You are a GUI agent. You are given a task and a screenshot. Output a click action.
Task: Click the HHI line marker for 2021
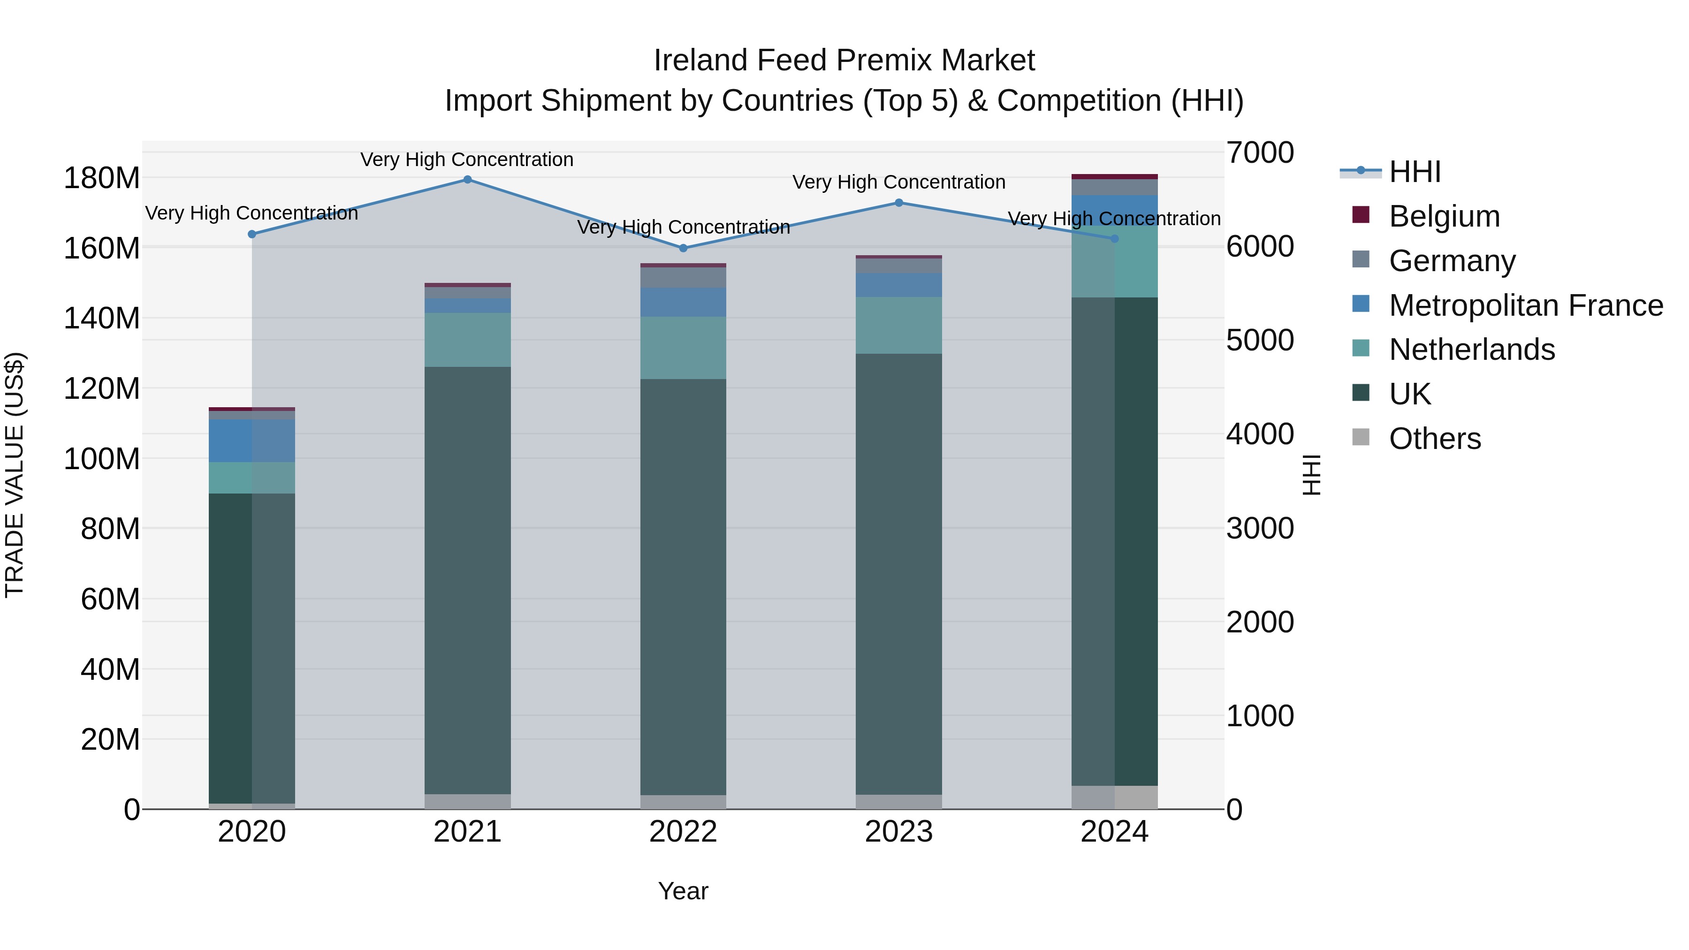[467, 180]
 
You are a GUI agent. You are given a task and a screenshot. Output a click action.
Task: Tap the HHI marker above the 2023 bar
[899, 203]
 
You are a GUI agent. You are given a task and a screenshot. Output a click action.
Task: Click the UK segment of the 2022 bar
[683, 587]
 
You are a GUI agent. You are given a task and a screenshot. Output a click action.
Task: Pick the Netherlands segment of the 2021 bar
[467, 340]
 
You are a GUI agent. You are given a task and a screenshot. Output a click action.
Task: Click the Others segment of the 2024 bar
[1115, 797]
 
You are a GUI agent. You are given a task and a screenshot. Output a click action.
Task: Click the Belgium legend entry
[1444, 216]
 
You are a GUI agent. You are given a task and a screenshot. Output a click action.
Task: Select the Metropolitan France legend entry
[1525, 305]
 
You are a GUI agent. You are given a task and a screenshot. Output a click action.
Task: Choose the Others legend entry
[1435, 439]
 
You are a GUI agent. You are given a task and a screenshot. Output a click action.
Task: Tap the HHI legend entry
[1414, 172]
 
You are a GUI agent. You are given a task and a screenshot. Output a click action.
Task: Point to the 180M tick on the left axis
[102, 178]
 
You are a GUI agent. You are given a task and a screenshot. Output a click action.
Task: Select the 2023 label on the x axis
[899, 832]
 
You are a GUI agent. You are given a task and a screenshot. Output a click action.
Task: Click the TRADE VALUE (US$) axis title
[15, 475]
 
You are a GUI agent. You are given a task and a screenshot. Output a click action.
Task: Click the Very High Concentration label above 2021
[467, 160]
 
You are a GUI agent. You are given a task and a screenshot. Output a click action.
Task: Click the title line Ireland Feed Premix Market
[844, 61]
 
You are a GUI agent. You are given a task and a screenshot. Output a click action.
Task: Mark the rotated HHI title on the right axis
[1311, 475]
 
